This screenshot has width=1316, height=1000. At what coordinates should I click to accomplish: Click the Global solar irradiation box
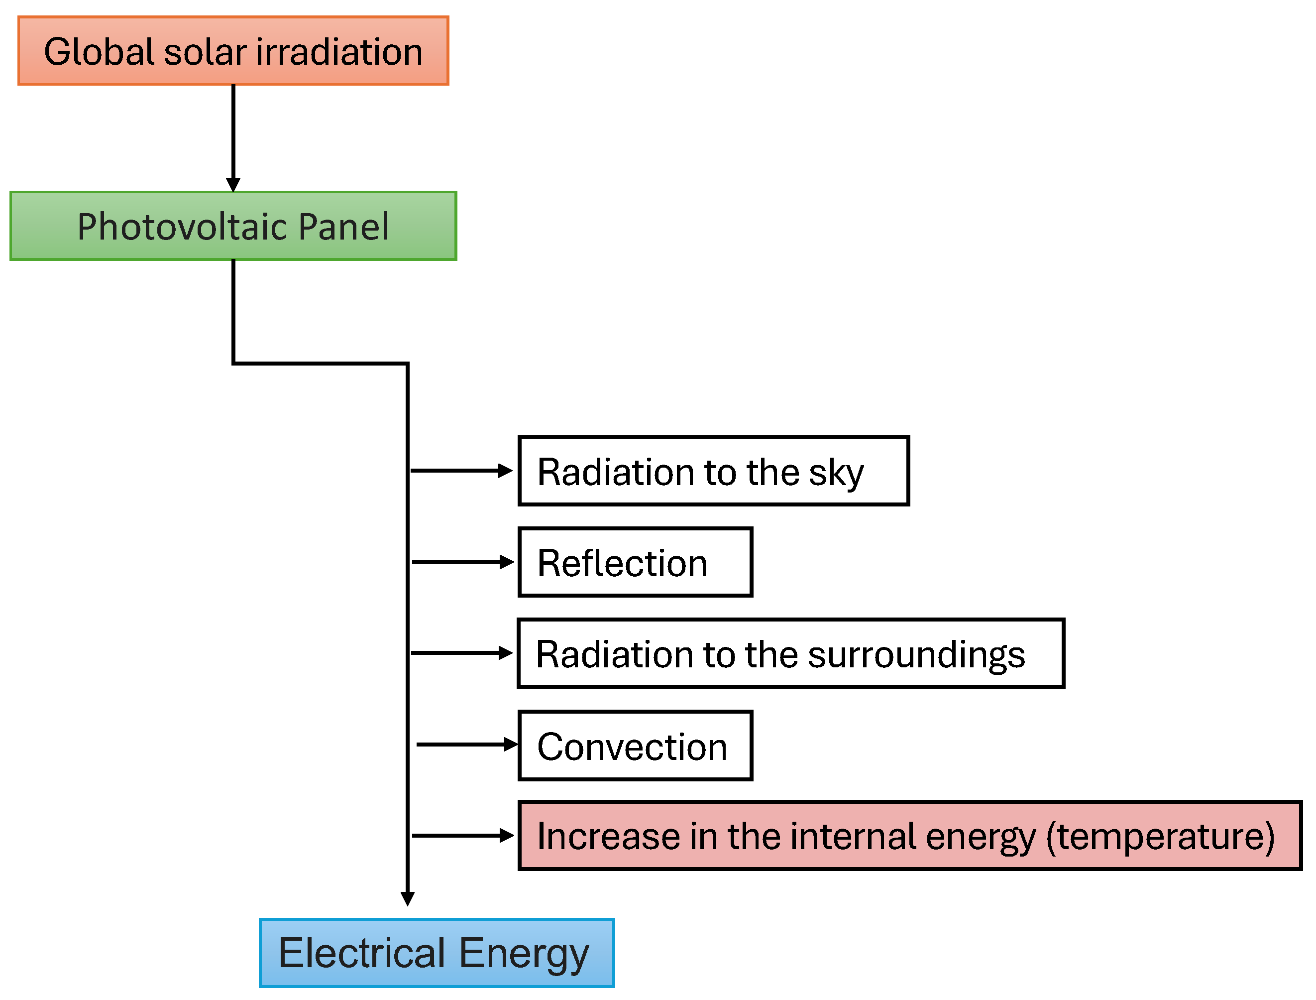(233, 51)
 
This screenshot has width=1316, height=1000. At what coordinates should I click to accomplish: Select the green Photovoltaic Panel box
(233, 226)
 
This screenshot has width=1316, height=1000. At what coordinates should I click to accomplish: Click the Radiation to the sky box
(713, 471)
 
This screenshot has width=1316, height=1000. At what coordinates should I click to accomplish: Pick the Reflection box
(636, 562)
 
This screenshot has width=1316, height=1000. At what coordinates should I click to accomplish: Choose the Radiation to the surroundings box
(791, 653)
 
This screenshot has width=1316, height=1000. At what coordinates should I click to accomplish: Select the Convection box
(636, 745)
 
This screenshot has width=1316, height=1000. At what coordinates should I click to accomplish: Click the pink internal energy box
(910, 836)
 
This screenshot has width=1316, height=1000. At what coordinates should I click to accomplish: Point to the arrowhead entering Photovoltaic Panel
(233, 184)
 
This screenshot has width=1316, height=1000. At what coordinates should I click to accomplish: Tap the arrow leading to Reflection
(462, 562)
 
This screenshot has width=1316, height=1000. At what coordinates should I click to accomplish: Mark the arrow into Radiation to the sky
(461, 471)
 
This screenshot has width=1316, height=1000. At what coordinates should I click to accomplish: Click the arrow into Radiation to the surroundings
(461, 653)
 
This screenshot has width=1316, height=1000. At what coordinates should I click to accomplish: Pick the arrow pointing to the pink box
(462, 836)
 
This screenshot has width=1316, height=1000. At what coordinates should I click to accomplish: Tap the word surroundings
(916, 655)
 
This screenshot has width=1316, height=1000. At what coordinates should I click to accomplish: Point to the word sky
(836, 473)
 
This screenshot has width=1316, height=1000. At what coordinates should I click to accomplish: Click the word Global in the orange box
(100, 52)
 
